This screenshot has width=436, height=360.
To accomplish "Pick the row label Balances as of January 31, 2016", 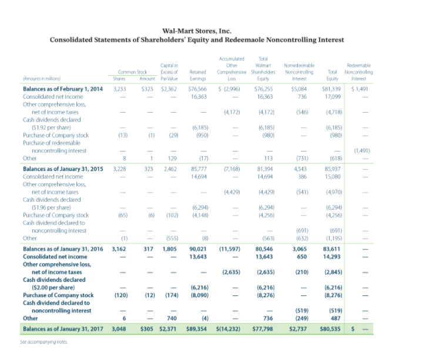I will pyautogui.click(x=58, y=249).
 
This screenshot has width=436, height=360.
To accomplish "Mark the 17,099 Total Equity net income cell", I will pyautogui.click(x=335, y=96).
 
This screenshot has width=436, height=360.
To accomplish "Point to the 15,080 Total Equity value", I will pyautogui.click(x=335, y=176).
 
